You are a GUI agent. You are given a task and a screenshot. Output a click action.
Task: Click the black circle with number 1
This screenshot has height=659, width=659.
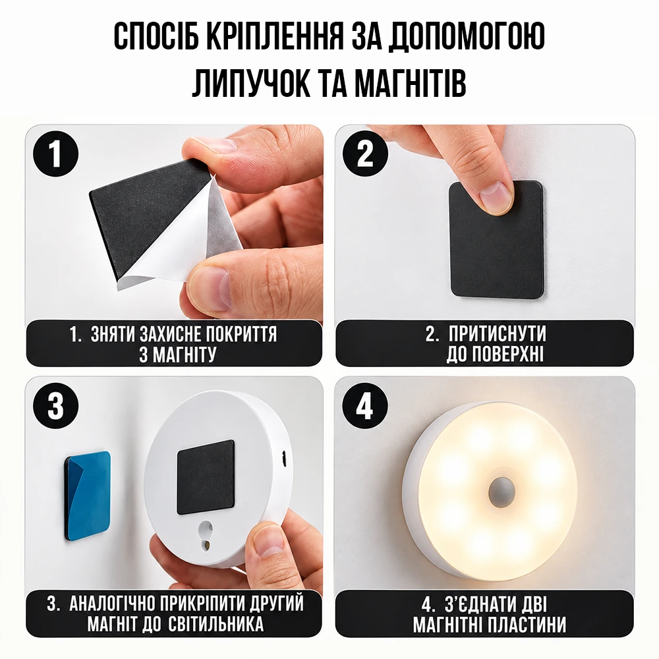click(55, 154)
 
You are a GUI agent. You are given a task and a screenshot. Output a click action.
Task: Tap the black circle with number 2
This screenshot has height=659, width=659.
click(365, 154)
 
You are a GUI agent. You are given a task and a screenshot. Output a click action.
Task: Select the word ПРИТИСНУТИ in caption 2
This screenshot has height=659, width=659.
click(497, 334)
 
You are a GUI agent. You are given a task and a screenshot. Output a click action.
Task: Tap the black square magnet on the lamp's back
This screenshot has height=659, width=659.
click(206, 477)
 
